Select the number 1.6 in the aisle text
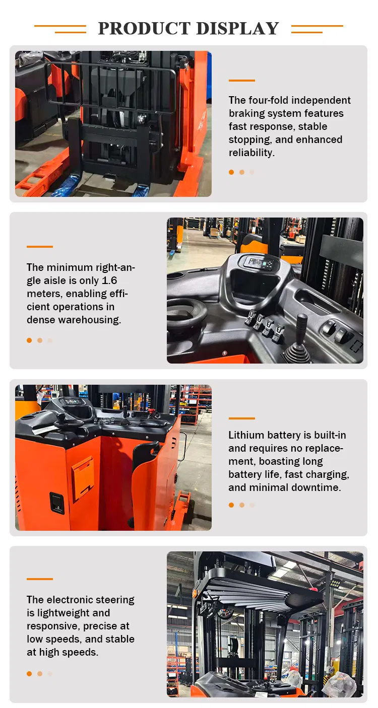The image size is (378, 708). (108, 280)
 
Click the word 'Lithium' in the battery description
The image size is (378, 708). (245, 435)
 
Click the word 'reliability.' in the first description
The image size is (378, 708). (251, 153)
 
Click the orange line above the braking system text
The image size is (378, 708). (241, 81)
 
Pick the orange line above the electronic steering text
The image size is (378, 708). (39, 579)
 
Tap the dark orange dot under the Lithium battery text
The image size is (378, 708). (231, 505)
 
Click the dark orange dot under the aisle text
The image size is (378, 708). (29, 340)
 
